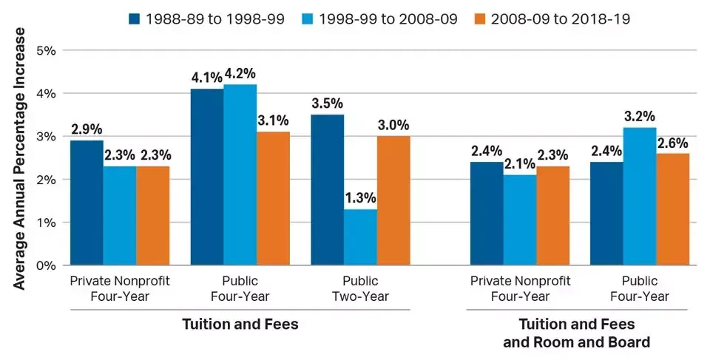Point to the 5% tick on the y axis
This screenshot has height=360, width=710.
(47, 51)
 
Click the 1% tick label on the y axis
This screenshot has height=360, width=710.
(47, 223)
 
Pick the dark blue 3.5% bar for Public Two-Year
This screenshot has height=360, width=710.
(327, 189)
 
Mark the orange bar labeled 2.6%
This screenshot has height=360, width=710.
(672, 208)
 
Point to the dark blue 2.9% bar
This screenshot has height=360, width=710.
(87, 203)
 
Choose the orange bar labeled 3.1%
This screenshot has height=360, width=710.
(273, 198)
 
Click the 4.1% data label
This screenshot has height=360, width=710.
(207, 77)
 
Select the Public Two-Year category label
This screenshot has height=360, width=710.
(360, 288)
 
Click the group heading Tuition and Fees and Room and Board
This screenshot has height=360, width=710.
(577, 333)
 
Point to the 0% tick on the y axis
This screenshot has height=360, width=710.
(47, 265)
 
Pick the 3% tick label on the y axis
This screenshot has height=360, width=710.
(47, 137)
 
